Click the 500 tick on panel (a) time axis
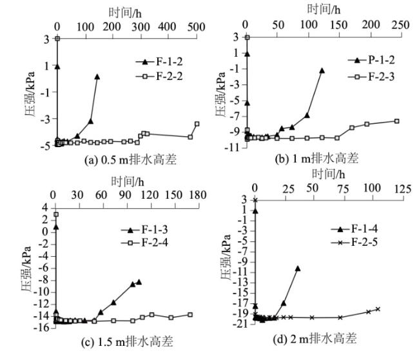point(196,26)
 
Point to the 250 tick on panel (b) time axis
point(400,24)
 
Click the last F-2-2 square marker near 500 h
point(197,124)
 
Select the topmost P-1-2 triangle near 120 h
point(322,70)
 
